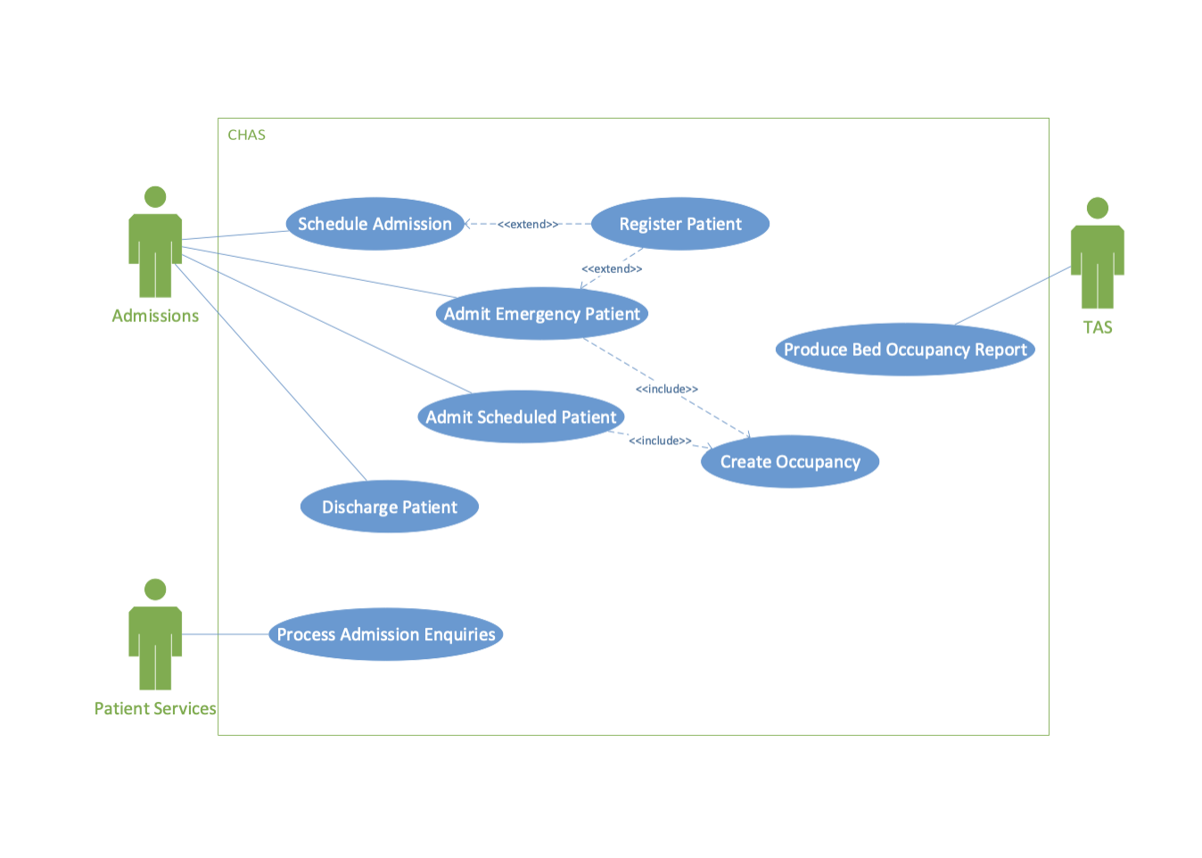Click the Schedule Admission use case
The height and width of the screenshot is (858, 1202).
[x=375, y=224]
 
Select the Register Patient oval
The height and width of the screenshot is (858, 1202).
[x=680, y=224]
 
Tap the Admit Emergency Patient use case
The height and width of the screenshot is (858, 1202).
[x=541, y=314]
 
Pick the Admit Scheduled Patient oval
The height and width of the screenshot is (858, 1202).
[x=521, y=417]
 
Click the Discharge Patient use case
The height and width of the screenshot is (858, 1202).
[x=389, y=507]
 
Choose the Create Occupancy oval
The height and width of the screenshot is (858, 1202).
[x=790, y=461]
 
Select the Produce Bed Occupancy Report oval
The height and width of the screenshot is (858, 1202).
[x=905, y=350]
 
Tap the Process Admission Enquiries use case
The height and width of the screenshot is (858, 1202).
[x=385, y=634]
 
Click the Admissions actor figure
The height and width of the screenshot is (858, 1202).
[x=155, y=250]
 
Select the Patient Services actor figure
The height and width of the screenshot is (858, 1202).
[x=155, y=642]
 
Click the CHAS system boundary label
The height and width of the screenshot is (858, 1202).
[x=246, y=135]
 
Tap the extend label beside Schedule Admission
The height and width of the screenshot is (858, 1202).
[x=528, y=224]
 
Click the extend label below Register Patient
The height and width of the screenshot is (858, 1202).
[x=612, y=268]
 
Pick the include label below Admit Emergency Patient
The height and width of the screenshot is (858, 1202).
[x=666, y=389]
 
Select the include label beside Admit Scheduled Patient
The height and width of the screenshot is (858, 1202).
[x=660, y=441]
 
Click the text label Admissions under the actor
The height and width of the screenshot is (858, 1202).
[x=155, y=316]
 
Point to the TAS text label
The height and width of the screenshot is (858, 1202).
[x=1098, y=327]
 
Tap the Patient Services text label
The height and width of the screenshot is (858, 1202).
[x=155, y=708]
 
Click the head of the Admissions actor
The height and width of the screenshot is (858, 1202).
[x=155, y=196]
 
